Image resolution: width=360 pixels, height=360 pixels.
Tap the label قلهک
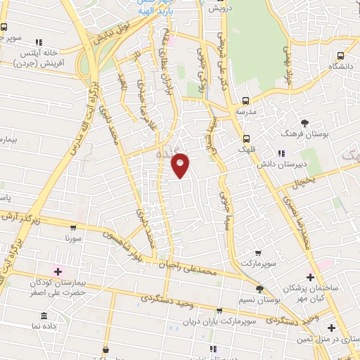247,149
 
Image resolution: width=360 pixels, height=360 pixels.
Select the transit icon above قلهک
246,138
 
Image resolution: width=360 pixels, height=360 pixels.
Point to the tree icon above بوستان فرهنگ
304,122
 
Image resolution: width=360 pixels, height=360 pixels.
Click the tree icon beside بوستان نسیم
259,288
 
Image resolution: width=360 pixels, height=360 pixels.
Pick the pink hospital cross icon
58,271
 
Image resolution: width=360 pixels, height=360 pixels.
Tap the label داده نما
44,326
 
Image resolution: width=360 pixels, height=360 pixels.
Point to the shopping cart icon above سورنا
72,227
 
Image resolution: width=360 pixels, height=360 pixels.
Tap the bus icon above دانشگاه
340,56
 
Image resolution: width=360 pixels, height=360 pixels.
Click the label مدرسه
245,112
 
